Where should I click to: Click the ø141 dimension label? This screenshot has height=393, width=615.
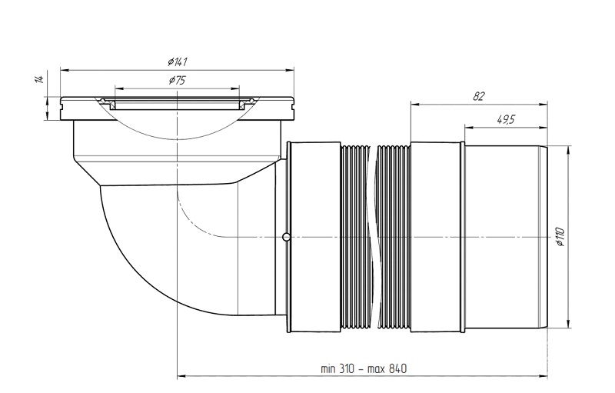[x=177, y=62]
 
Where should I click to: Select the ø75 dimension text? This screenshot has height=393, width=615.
[x=177, y=81]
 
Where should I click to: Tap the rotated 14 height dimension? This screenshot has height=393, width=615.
[x=39, y=78]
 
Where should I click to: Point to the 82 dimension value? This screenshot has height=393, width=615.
[x=478, y=96]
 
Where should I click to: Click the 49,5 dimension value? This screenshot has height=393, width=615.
[x=506, y=120]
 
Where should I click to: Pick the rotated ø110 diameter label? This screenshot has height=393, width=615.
[x=560, y=237]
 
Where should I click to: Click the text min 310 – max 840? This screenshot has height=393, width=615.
[x=364, y=368]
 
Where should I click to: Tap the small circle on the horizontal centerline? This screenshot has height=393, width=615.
[x=287, y=237]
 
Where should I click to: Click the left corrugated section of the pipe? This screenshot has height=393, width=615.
[x=355, y=238]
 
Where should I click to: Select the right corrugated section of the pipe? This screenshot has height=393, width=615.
[x=393, y=238]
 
